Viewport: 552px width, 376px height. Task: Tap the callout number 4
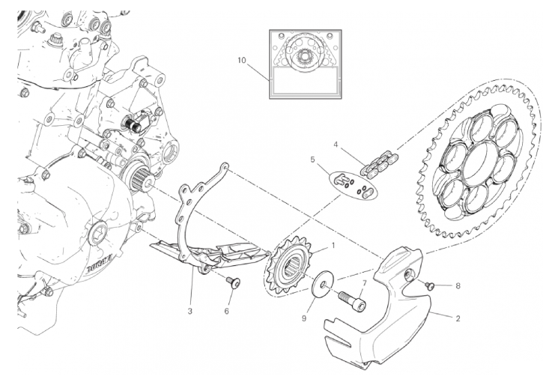(x=336, y=145)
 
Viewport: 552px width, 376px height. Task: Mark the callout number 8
(x=458, y=285)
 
